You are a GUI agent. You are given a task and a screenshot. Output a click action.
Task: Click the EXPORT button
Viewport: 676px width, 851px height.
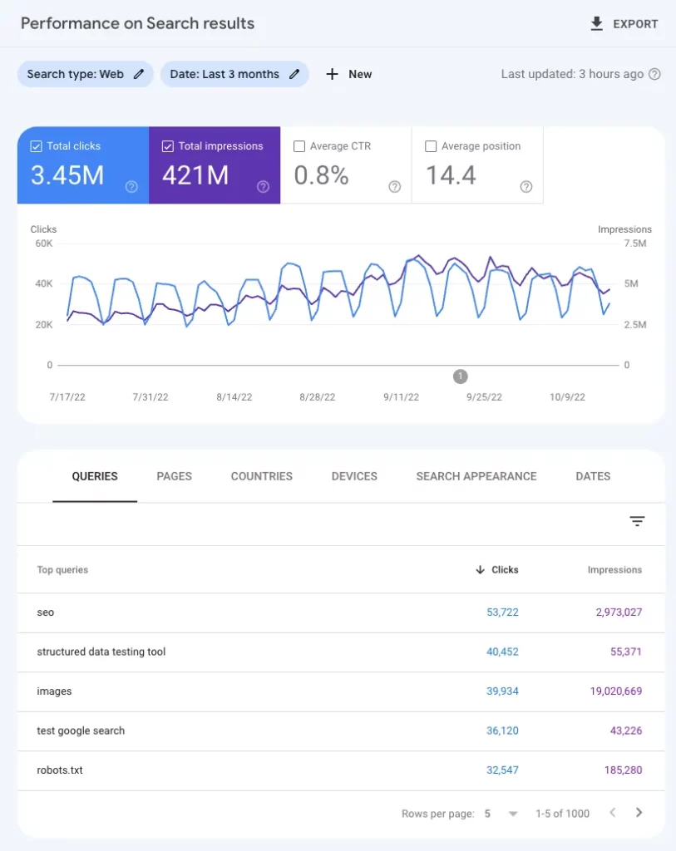coord(624,24)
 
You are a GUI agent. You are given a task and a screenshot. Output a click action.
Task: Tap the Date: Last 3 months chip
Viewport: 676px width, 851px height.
coord(234,74)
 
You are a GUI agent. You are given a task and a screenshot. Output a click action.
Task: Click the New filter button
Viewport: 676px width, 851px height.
coord(349,74)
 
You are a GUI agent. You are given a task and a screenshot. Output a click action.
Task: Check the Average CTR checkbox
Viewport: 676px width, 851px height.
coord(299,146)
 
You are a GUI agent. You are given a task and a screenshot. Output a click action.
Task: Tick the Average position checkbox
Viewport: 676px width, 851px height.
coord(431,146)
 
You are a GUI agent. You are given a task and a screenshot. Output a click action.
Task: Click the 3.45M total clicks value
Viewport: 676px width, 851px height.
coord(67,175)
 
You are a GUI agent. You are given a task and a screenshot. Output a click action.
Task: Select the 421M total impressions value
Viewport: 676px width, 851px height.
coord(195,175)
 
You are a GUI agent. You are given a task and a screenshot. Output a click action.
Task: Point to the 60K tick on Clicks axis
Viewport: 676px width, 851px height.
coord(43,243)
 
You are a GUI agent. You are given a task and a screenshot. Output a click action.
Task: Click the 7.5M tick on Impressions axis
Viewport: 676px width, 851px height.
coord(634,243)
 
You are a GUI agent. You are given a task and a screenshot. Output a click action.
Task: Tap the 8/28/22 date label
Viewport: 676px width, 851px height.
coord(317,397)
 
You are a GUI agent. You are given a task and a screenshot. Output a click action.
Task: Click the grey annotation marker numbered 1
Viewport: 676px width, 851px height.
coord(461,376)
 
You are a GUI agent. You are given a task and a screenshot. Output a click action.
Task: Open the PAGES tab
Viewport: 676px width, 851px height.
coord(174,476)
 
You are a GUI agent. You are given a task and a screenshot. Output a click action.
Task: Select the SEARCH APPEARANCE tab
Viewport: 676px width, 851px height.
coord(476,476)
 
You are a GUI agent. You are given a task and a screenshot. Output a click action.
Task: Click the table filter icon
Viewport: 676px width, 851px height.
coord(637,522)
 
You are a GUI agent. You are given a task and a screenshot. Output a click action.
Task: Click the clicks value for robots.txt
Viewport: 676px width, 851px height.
coord(502,770)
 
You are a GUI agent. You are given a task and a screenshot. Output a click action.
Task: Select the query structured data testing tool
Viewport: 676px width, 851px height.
coord(101,652)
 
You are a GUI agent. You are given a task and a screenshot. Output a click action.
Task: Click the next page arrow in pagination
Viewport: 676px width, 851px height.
coord(639,813)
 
